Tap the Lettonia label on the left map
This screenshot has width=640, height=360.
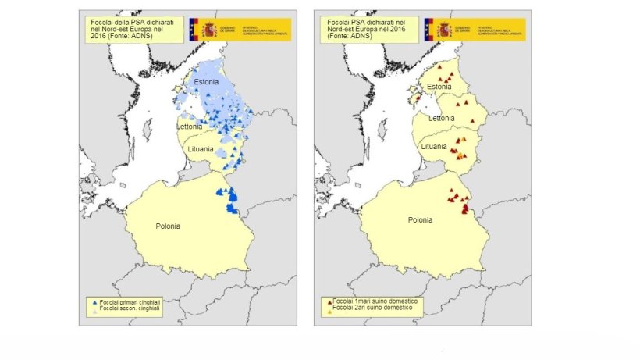tap(191, 126)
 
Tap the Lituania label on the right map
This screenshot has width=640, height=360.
tap(434, 146)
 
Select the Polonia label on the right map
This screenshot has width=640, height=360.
tap(421, 220)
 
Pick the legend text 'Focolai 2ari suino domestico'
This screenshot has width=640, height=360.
tap(374, 308)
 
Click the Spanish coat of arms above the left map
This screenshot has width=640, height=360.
tap(209, 30)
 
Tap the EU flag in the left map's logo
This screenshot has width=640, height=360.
tap(194, 30)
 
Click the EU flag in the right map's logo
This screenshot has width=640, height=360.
tap(429, 30)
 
